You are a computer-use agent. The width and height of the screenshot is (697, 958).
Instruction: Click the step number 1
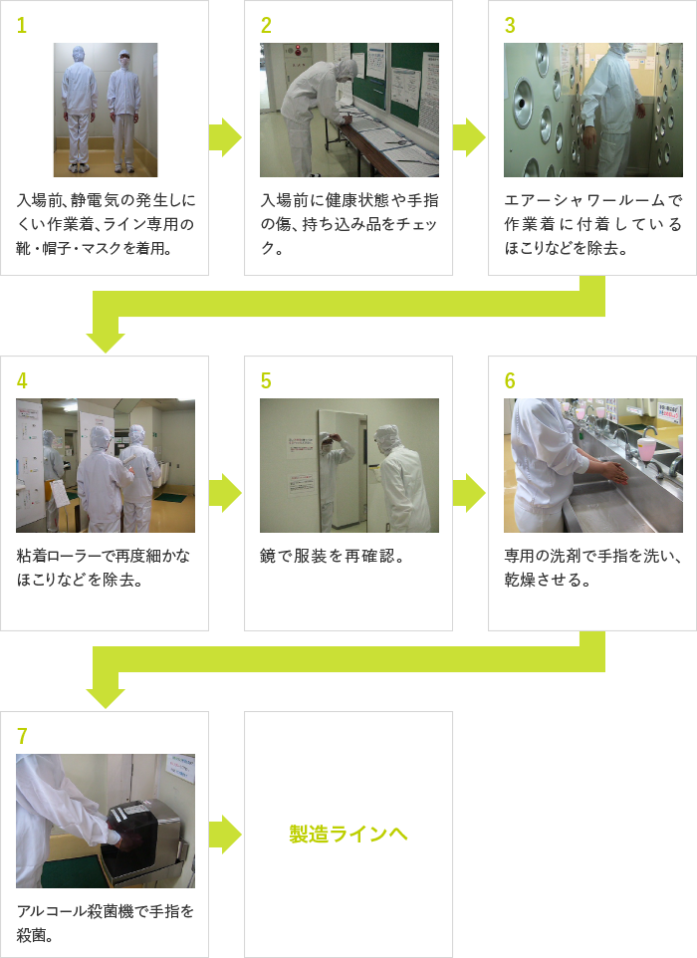pos(21,25)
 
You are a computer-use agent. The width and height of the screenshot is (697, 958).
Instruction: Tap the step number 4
pos(22,380)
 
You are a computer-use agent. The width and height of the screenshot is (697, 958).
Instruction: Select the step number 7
pos(22,736)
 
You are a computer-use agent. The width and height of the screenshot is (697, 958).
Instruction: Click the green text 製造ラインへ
pos(348,834)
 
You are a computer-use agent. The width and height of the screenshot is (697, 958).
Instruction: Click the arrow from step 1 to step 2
pos(225,137)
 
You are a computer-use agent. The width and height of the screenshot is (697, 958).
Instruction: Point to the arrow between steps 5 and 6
pos(469,493)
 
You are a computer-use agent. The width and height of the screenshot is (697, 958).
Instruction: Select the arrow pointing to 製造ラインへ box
pos(225,835)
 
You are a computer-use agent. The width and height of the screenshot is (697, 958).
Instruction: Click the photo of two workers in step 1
pos(106,110)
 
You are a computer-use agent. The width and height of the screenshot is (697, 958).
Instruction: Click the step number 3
pos(510,25)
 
